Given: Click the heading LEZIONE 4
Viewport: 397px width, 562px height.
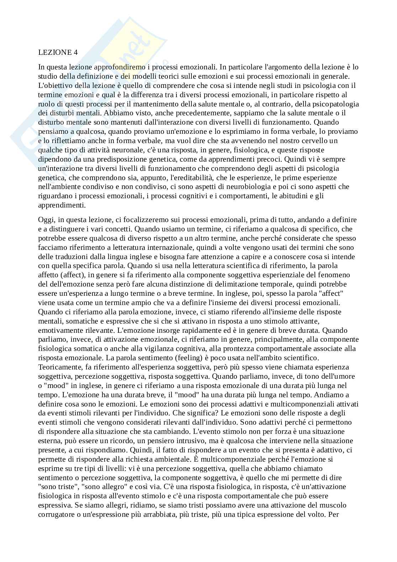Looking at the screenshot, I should (x=58, y=52).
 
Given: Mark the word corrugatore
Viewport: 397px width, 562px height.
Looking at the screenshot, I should (x=55, y=514).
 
